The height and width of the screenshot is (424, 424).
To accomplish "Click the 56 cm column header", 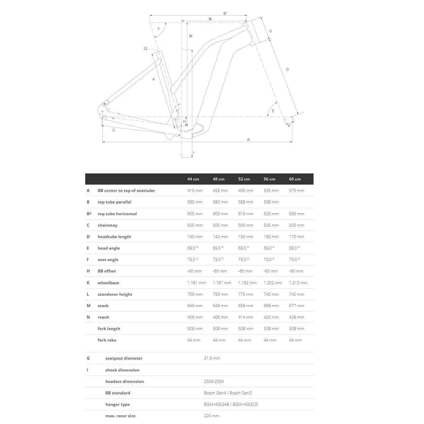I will tap(269, 179).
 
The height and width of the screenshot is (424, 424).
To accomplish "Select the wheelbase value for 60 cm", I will tap(298, 283).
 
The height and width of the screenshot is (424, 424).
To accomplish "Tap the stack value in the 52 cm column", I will tap(246, 306).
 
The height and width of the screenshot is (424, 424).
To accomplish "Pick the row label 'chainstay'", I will tap(107, 225).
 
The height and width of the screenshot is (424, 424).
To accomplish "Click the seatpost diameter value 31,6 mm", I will tap(212, 358).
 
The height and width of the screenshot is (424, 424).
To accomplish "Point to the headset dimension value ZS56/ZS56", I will tap(214, 382).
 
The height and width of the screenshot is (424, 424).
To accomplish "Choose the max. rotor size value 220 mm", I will tap(211, 416).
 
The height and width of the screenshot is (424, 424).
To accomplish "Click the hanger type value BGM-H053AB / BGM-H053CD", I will tap(231, 404).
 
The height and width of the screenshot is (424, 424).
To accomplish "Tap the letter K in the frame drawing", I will tap(249, 139).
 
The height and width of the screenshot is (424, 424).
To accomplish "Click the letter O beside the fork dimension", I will tap(287, 69).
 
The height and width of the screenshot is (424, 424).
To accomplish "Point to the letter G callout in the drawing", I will tap(145, 49).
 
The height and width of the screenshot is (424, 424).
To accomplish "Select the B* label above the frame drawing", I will tap(225, 13).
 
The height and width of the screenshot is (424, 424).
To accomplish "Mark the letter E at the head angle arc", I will tap(273, 111).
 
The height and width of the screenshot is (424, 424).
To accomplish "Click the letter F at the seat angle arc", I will tap(159, 29).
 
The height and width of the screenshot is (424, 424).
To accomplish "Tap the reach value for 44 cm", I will tap(195, 317).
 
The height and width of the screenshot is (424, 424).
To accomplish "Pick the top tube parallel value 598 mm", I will tap(271, 202).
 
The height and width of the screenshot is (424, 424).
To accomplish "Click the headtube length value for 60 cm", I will tap(296, 237).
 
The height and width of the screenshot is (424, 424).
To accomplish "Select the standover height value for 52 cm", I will tap(246, 294).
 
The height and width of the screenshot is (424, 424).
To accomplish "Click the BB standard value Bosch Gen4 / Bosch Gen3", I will tap(228, 393).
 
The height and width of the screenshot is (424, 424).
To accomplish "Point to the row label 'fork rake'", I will tap(107, 340).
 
